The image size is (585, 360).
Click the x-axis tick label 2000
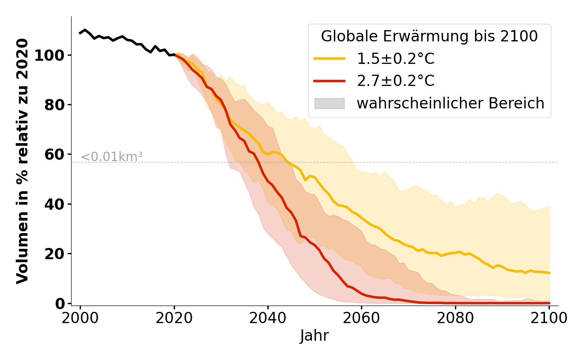[80, 318]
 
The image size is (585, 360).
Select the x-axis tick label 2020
[174, 318]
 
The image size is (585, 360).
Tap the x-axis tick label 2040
[268, 318]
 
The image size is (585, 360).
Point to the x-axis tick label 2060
[361, 318]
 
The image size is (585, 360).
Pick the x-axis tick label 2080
[455, 318]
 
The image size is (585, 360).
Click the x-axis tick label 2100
[549, 318]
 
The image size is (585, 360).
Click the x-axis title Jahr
[315, 336]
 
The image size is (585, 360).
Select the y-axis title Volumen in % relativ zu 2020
[22, 161]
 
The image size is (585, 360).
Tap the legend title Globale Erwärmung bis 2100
[429, 37]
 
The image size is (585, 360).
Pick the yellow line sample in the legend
[329, 58]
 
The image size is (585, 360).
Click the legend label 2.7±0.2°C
[396, 81]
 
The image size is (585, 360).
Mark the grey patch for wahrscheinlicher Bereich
[329, 103]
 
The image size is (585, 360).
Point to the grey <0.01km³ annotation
[112, 157]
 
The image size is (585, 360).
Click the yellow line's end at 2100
[549, 273]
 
